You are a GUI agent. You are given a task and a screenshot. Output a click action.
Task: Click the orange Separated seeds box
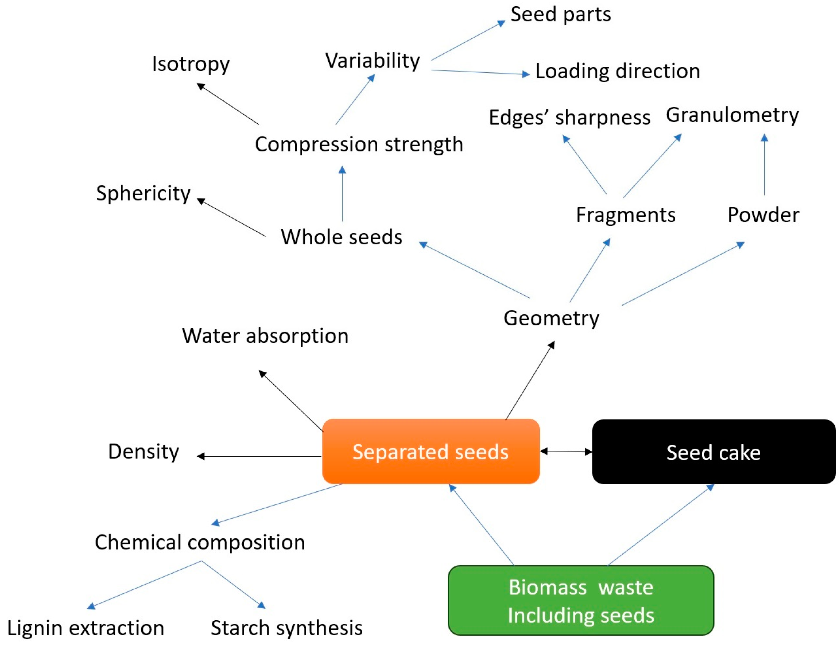(431, 451)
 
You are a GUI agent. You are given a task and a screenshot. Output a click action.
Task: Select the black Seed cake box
(713, 452)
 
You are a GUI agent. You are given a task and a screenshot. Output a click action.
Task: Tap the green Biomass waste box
(580, 600)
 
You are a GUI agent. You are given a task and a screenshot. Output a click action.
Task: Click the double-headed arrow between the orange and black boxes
(566, 451)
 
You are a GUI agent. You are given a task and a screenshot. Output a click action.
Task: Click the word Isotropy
(191, 64)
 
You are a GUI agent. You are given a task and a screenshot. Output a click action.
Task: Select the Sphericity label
(143, 193)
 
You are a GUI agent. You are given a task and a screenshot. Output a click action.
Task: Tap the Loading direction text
(617, 71)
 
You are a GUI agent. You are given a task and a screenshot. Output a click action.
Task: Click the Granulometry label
(732, 115)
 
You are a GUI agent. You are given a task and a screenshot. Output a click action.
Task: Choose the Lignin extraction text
(86, 628)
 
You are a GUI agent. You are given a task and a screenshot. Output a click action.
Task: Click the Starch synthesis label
(287, 628)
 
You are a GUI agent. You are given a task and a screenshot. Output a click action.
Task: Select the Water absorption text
(265, 336)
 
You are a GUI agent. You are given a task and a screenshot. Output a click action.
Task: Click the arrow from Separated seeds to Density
(259, 456)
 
